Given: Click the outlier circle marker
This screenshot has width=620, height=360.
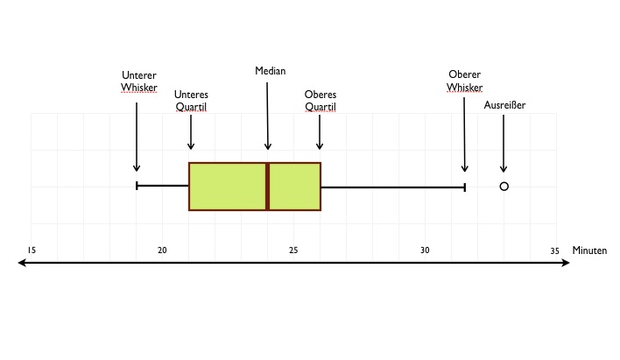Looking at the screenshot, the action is (504, 186).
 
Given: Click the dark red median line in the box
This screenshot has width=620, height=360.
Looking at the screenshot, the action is (268, 186).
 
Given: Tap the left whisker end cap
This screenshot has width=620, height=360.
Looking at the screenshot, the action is (137, 186).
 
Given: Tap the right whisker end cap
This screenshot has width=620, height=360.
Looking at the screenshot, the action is (464, 187).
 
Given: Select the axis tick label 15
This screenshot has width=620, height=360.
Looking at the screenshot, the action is (32, 250).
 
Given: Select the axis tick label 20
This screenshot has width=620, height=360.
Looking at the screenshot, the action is (162, 250).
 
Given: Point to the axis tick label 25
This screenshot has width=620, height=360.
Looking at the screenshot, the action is (293, 250).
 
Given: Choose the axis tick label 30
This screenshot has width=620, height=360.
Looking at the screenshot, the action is (425, 250).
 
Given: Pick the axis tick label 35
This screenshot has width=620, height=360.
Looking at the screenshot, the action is (554, 250).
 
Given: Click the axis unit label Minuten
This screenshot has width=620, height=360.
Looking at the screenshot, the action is (589, 251).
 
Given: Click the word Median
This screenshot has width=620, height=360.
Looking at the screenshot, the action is (271, 71).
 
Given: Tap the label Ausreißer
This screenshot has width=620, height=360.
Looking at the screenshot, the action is (504, 105).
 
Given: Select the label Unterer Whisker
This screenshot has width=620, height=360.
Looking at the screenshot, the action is (139, 81).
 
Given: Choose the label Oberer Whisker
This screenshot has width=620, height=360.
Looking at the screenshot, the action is (464, 81).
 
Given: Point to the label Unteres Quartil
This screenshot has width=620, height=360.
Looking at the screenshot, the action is (191, 101).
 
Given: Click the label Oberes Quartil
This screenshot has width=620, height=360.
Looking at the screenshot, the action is (321, 101).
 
